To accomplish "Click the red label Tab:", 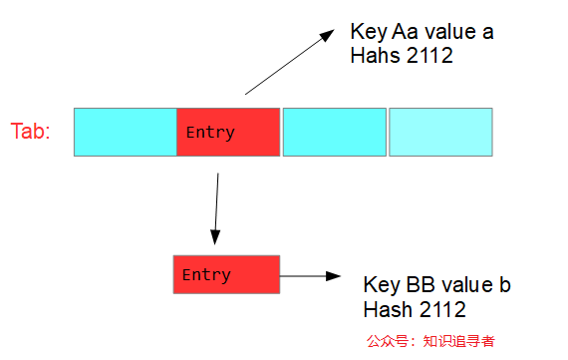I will coord(31,132).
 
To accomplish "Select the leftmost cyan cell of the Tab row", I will coord(126,132).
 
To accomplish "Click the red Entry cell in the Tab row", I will coord(228,132).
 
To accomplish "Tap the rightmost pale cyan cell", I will coord(440,132).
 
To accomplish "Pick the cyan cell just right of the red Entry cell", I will coord(335,132).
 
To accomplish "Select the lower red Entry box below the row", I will coord(226,274).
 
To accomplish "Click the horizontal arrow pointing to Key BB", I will coord(312,275).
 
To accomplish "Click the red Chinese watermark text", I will coord(430,340).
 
